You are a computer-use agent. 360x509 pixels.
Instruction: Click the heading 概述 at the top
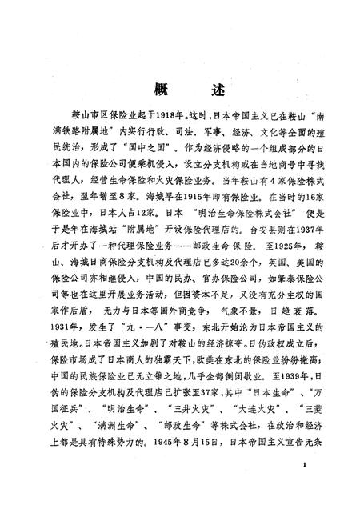pyautogui.click(x=179, y=88)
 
